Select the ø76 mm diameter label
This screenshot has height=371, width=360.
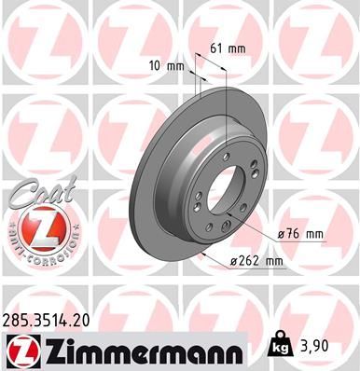[300, 233]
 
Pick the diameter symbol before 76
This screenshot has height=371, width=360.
[283, 233]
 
